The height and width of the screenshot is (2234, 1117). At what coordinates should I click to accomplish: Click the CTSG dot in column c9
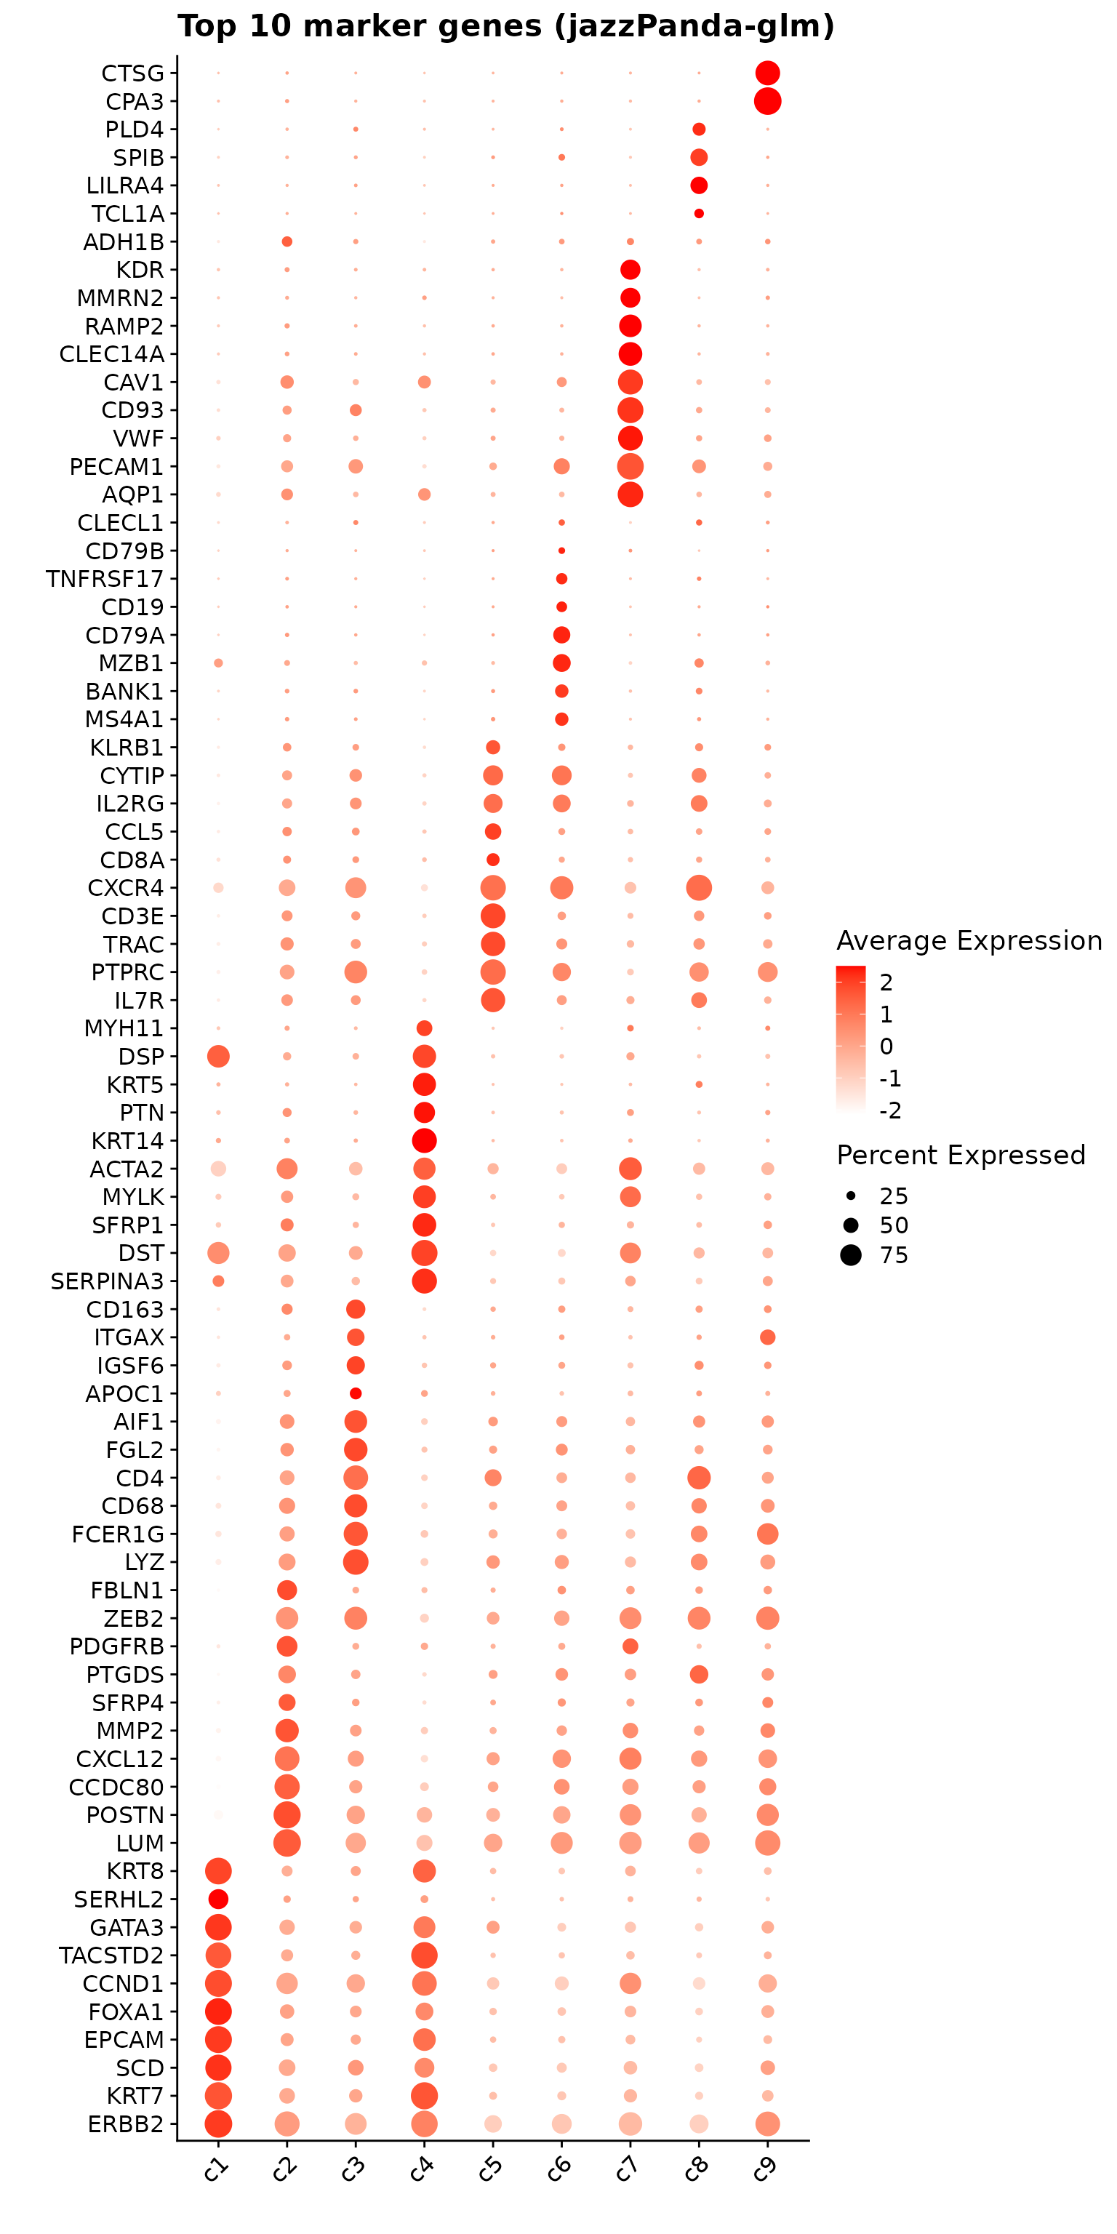(766, 73)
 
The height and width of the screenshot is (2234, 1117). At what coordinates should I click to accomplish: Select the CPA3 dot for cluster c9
(766, 102)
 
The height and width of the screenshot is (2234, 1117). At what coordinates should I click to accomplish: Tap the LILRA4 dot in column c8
(698, 185)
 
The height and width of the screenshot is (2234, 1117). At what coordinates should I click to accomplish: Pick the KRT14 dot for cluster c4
(424, 1140)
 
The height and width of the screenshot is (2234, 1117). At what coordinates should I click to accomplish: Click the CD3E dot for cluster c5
(492, 916)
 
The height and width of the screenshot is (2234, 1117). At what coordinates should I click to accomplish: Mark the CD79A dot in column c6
(561, 635)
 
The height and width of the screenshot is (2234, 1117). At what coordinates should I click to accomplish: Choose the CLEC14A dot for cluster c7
(630, 354)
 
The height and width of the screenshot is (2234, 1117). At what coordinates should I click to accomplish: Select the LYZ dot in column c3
(356, 1562)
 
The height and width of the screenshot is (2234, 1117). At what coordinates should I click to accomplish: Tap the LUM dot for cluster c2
(287, 1842)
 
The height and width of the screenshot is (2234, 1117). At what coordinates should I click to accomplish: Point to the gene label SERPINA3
(108, 1281)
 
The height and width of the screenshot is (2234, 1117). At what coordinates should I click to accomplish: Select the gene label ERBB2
(126, 2124)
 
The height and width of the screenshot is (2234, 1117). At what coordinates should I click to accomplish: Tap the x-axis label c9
(765, 2169)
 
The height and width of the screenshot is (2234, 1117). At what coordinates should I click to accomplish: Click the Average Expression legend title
(968, 941)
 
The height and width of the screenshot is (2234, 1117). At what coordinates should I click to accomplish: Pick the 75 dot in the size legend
(851, 1255)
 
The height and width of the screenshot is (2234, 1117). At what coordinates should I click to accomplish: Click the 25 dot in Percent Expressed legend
(851, 1196)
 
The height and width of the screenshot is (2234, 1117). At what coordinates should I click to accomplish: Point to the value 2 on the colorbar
(886, 982)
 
